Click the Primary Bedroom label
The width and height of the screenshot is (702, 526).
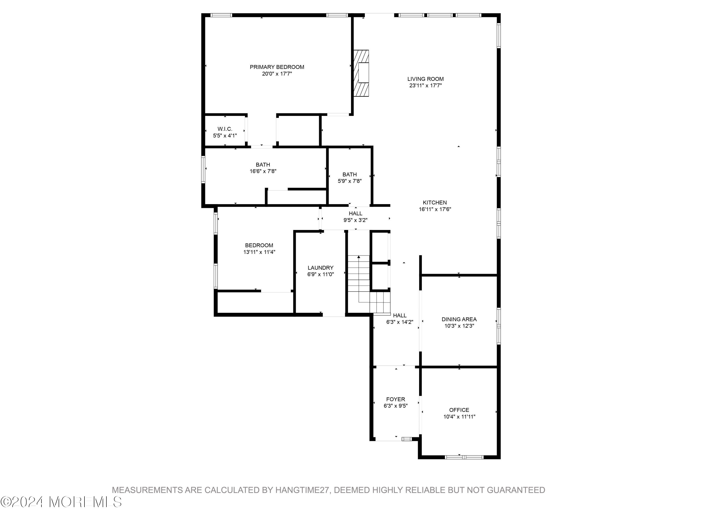(x=277, y=67)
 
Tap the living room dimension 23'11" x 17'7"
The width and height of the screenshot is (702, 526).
(x=425, y=86)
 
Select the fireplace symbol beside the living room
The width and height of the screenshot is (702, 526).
(x=362, y=73)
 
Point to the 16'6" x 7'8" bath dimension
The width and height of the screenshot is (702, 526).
(x=263, y=171)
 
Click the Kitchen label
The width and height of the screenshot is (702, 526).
(x=435, y=203)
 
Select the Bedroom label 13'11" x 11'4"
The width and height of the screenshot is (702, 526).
(x=259, y=245)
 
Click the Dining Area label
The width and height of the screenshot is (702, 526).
(x=459, y=319)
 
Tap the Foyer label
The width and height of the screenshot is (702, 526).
(x=395, y=399)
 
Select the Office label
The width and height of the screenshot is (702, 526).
(x=459, y=410)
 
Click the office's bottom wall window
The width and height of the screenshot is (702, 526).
(x=464, y=457)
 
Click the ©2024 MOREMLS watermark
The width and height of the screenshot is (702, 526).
(x=61, y=502)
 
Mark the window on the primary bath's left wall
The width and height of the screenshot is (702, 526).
(x=203, y=169)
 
